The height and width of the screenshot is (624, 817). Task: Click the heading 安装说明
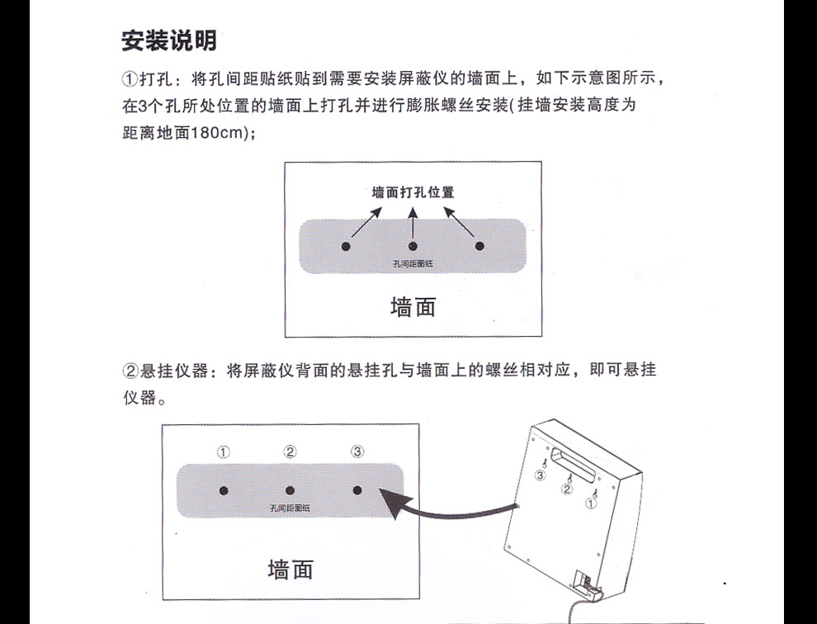click(x=169, y=40)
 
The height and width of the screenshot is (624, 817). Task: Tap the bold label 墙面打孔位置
click(x=413, y=192)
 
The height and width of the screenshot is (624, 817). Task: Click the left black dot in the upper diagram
click(x=346, y=246)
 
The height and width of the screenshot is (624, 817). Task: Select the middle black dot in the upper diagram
click(x=413, y=246)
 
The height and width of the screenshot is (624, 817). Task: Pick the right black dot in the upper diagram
click(x=479, y=246)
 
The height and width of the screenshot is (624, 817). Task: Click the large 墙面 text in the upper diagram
click(x=413, y=307)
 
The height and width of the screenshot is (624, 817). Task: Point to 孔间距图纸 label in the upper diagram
click(x=413, y=263)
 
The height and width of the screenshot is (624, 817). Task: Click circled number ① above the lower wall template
click(x=223, y=451)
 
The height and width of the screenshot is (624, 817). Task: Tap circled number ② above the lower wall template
click(x=290, y=451)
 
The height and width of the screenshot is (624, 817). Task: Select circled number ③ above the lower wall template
click(x=357, y=451)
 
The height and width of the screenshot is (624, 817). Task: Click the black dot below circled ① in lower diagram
click(x=224, y=490)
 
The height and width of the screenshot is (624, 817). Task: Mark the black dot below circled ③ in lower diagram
click(x=357, y=490)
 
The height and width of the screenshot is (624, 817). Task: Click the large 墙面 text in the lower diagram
click(x=290, y=569)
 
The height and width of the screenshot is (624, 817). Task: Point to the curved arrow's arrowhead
click(x=385, y=494)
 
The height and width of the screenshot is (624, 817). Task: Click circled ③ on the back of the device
click(x=541, y=475)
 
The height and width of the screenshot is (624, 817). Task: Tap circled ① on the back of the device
click(x=590, y=501)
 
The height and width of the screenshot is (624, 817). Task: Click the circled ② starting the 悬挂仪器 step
click(x=130, y=370)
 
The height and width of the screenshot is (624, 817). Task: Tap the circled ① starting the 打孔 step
click(x=130, y=80)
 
